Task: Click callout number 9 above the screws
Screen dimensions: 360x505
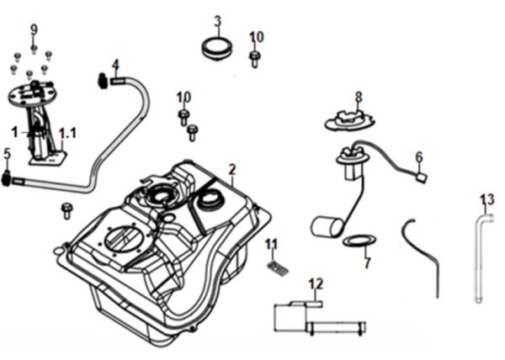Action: (35, 29)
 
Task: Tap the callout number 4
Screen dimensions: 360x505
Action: (115, 64)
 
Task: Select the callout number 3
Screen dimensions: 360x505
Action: (217, 20)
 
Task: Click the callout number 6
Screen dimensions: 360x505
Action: (418, 156)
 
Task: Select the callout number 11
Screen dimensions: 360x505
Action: (271, 245)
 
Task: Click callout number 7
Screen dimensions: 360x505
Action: (366, 263)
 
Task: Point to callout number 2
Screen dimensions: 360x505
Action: (231, 170)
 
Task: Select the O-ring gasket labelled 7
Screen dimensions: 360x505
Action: (358, 243)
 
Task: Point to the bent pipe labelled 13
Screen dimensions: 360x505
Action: (482, 252)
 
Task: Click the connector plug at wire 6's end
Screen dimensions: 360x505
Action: (423, 177)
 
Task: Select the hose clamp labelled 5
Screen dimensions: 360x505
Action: (8, 177)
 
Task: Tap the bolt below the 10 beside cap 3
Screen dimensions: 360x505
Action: (255, 58)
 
